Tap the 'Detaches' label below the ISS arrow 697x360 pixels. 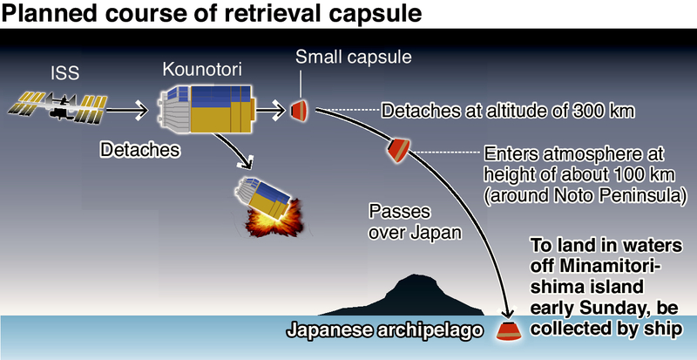coord(140,150)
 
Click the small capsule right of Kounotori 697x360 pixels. coord(299,110)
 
